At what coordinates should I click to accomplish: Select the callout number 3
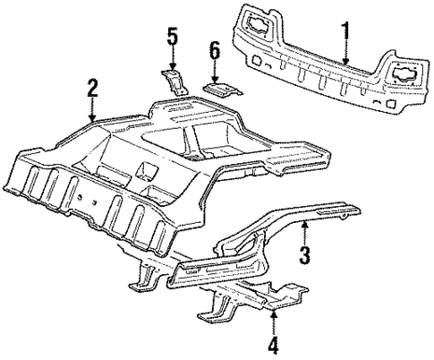point(304,255)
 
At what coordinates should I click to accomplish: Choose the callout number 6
point(214,50)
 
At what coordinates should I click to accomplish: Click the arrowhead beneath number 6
point(214,79)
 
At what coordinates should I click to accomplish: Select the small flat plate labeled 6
point(219,90)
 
